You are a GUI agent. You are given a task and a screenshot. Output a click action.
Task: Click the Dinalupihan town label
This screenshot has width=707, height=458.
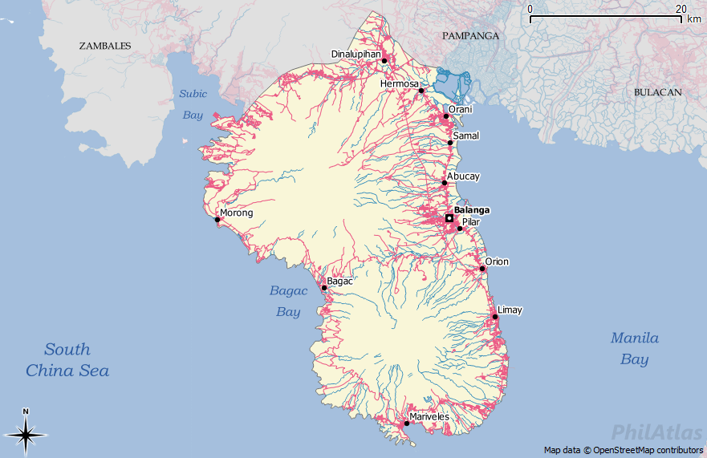click(x=356, y=55)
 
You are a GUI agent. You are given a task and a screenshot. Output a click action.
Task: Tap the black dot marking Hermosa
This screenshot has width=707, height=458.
click(x=421, y=91)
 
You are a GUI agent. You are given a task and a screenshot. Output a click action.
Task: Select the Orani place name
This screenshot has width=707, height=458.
click(x=461, y=109)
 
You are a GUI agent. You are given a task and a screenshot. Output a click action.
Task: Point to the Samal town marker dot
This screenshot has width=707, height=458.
click(x=450, y=143)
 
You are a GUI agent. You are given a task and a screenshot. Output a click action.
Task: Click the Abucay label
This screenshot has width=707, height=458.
click(x=463, y=176)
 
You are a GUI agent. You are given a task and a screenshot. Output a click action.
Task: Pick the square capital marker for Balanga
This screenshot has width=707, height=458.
click(x=449, y=218)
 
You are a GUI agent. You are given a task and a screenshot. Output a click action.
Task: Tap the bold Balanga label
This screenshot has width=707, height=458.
click(x=472, y=210)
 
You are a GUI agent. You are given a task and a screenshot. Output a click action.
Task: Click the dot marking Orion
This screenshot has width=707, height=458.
click(x=482, y=269)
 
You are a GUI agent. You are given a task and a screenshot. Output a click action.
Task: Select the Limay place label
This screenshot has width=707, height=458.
click(x=510, y=310)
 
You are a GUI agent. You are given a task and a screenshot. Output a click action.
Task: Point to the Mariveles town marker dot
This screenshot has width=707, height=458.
click(x=406, y=424)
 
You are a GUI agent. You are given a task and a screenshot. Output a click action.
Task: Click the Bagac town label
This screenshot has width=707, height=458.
click(x=340, y=282)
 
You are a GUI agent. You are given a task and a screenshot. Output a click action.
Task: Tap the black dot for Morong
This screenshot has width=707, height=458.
click(x=217, y=220)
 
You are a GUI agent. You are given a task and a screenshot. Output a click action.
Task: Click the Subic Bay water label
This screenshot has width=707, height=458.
click(x=193, y=104)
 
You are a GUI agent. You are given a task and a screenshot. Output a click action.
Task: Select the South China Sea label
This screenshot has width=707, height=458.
click(x=67, y=360)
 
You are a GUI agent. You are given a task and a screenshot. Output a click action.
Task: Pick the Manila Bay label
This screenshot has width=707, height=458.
click(x=634, y=349)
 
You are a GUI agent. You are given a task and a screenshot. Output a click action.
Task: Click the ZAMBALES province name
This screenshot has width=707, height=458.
click(x=105, y=46)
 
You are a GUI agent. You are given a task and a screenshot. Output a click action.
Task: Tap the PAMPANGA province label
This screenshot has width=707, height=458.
click(x=470, y=36)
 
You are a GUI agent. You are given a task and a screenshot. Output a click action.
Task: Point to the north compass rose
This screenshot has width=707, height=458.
click(x=26, y=433)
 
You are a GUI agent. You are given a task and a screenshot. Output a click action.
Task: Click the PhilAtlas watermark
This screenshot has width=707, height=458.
click(x=656, y=433)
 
